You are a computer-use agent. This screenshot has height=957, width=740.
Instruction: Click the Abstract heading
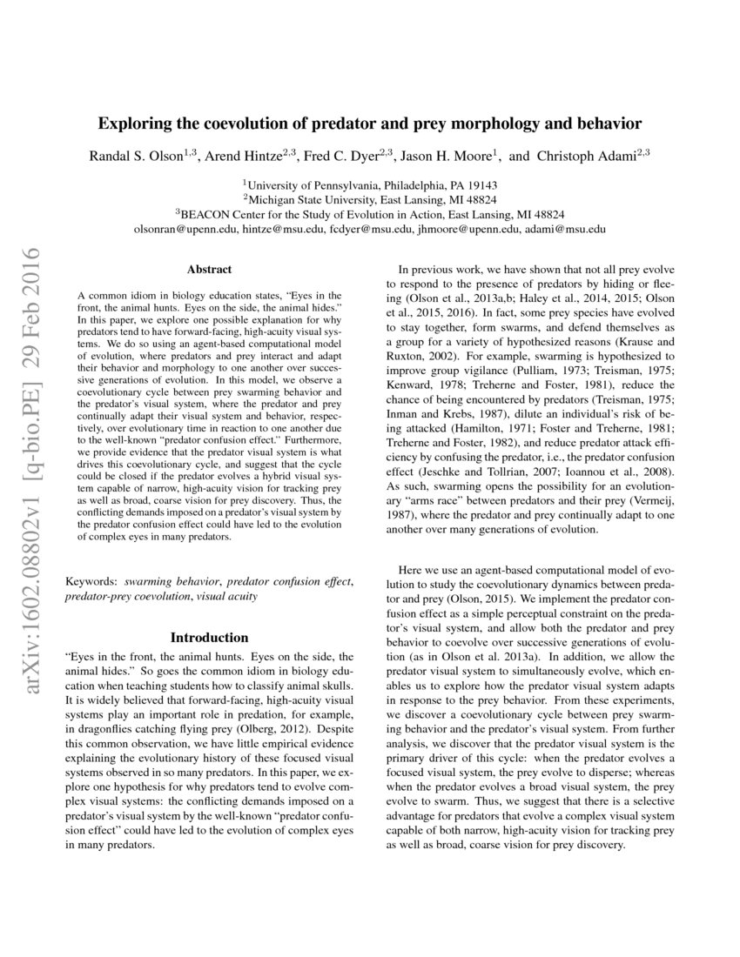coord(208,270)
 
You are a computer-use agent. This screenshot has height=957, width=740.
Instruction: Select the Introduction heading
coord(208,638)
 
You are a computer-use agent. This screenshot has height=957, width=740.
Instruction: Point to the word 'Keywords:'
coord(92,579)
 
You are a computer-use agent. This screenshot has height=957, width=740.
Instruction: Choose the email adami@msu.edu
coord(566,229)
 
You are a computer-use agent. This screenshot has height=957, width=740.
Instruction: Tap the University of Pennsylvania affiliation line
coord(370,184)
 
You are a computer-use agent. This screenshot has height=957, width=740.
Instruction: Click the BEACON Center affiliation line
coord(370,214)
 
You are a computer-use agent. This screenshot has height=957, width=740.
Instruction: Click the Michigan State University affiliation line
coord(370,199)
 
